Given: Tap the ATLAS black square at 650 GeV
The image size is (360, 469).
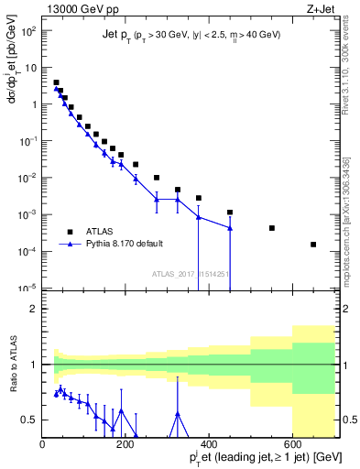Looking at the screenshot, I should click(x=313, y=245).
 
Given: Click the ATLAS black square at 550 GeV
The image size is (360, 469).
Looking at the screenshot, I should click(x=272, y=228).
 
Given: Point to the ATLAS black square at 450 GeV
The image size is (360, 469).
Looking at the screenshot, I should click(x=230, y=213).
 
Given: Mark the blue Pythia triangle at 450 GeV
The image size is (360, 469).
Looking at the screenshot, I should click(x=230, y=228).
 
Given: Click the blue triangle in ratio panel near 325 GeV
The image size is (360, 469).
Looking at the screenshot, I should click(x=178, y=413).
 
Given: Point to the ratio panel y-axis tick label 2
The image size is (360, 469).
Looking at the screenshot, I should click(x=35, y=309).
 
